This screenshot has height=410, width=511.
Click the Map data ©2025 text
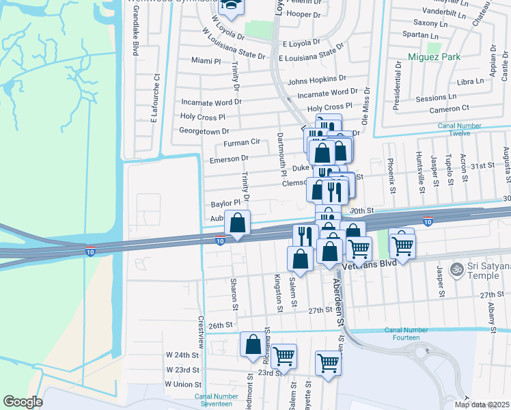(x=481, y=405)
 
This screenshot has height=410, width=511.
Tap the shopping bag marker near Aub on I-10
(x=237, y=223)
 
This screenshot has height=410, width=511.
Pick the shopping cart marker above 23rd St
(x=284, y=355)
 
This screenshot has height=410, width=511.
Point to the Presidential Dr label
(x=397, y=85)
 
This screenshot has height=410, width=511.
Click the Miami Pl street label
(x=206, y=61)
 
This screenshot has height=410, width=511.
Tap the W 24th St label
(x=182, y=355)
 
